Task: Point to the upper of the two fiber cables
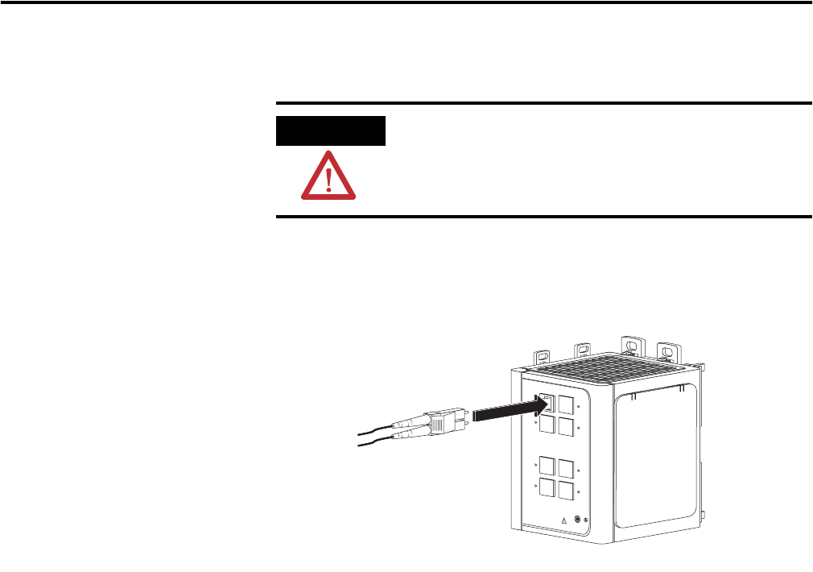pyautogui.click(x=378, y=429)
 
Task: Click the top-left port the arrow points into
pyautogui.click(x=547, y=402)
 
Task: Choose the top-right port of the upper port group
pyautogui.click(x=567, y=404)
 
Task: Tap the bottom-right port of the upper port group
pyautogui.click(x=567, y=425)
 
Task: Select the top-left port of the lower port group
pyautogui.click(x=547, y=465)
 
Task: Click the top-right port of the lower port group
pyautogui.click(x=567, y=468)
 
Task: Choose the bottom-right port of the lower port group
pyautogui.click(x=567, y=489)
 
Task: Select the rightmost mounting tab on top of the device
pyautogui.click(x=666, y=351)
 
